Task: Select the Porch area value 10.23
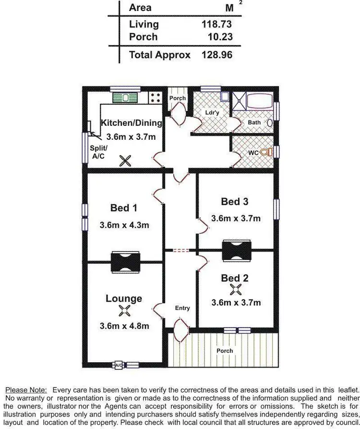click(x=217, y=37)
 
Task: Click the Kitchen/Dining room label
click(x=131, y=123)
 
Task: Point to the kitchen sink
click(x=125, y=98)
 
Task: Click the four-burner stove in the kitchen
click(x=155, y=98)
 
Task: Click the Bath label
click(x=254, y=123)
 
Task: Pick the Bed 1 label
click(x=124, y=208)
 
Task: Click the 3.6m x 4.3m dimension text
click(x=124, y=225)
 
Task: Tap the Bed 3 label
click(x=235, y=201)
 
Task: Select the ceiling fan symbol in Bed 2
click(x=235, y=289)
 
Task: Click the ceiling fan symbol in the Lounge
click(x=124, y=311)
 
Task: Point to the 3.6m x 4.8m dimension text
click(x=124, y=326)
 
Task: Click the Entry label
click(x=182, y=308)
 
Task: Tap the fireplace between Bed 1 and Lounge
click(x=125, y=262)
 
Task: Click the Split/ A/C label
click(x=99, y=152)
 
